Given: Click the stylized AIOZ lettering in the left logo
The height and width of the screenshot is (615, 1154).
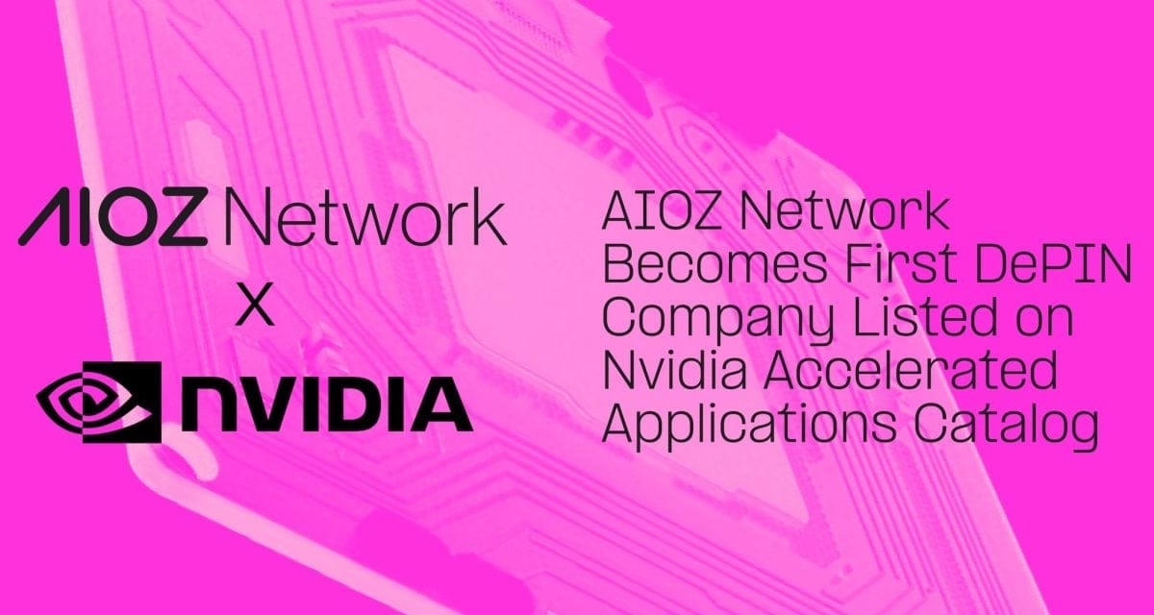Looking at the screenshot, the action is [113, 216].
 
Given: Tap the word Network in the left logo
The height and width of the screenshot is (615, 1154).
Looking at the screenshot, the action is [365, 216].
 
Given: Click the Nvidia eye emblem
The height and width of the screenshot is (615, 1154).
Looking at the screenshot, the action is [99, 402].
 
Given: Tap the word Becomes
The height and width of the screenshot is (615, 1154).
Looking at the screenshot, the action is [715, 264].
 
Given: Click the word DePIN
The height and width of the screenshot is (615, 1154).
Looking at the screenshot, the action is [1053, 264].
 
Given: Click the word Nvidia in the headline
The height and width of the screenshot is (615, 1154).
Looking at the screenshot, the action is [674, 372].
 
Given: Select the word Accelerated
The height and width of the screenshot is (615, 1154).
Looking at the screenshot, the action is [911, 372].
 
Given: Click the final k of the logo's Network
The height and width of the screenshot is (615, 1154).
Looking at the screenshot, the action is [489, 216].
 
